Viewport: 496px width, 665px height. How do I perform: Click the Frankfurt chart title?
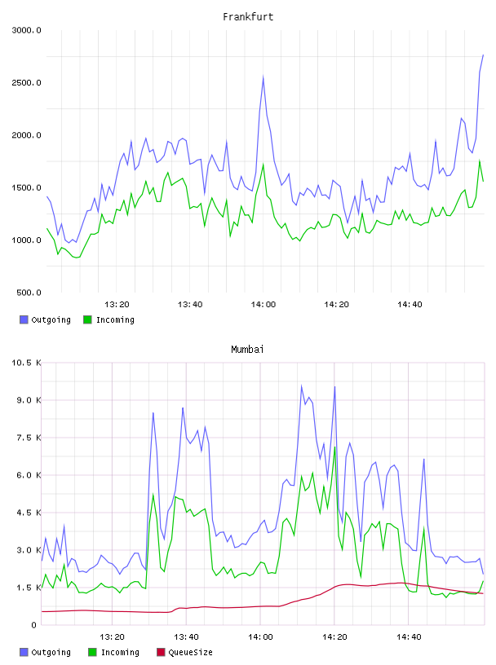(248, 17)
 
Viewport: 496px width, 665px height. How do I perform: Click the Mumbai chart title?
(247, 350)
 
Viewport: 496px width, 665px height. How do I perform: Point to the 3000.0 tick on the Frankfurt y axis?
(26, 30)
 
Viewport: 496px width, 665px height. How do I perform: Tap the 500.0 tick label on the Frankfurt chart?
(29, 293)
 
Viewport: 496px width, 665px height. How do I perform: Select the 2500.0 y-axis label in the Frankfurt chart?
(26, 82)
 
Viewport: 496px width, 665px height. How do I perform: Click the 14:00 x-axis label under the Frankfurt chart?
(263, 305)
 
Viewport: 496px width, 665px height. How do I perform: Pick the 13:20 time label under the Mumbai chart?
(112, 637)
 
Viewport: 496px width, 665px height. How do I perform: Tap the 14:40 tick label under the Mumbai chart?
(409, 637)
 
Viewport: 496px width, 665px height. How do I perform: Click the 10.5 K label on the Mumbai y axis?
(26, 363)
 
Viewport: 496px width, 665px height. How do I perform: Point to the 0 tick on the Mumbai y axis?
(33, 625)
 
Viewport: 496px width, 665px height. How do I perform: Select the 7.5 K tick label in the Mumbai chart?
(29, 438)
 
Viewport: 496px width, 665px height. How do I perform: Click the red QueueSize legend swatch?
(161, 652)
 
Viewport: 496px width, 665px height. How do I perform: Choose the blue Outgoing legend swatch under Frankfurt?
(24, 319)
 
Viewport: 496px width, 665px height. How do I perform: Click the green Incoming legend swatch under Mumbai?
(92, 652)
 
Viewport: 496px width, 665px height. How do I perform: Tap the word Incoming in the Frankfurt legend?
(115, 320)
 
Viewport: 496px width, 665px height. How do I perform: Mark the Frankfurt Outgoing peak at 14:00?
(263, 77)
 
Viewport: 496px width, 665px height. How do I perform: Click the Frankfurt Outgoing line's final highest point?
(483, 55)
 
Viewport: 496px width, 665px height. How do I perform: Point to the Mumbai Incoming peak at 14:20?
(334, 447)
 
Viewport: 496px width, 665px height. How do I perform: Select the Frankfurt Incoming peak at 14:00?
(263, 165)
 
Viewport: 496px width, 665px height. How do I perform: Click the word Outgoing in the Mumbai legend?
(51, 653)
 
